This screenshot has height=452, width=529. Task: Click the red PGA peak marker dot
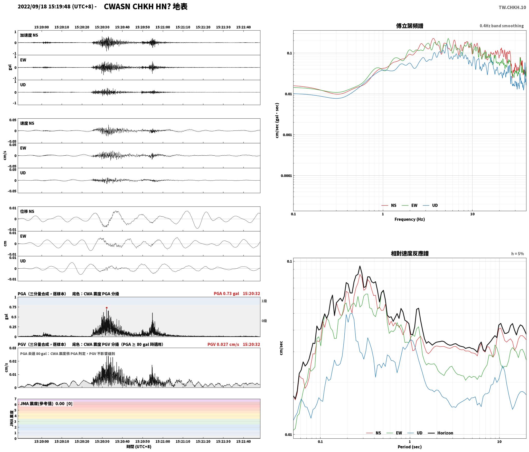[x=107, y=308]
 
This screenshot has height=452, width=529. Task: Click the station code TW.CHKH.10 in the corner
[x=512, y=7]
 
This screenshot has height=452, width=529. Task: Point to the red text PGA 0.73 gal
[x=226, y=293]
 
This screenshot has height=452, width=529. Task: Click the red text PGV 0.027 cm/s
[x=223, y=344]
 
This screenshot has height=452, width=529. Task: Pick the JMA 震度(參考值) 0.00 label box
[x=46, y=403]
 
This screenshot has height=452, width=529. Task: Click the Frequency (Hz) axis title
[x=410, y=219]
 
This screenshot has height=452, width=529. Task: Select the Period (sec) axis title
[x=410, y=447]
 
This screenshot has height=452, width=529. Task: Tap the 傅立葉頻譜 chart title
[x=410, y=26]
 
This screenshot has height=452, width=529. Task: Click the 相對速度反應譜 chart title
[x=410, y=253]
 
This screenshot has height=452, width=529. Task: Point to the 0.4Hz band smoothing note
[x=502, y=26]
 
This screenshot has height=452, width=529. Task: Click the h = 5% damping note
[x=517, y=254]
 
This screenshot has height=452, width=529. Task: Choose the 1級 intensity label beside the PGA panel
[x=264, y=301]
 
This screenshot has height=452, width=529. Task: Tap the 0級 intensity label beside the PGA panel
[x=264, y=321]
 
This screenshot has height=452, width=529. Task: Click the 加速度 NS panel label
[x=29, y=35]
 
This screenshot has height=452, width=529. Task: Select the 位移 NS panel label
[x=27, y=211]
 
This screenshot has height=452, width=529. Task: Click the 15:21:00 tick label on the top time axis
[x=163, y=27]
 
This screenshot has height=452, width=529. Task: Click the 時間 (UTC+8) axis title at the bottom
[x=139, y=447]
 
